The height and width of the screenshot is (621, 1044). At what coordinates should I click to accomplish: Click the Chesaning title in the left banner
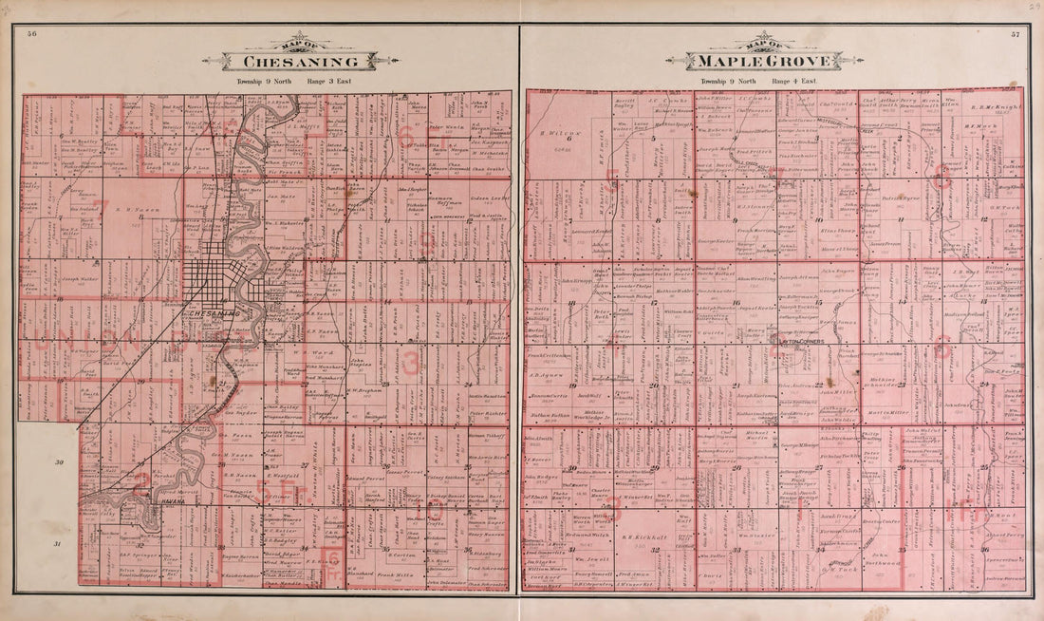pyautogui.click(x=300, y=62)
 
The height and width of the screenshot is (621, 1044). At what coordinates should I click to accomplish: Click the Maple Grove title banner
pyautogui.click(x=764, y=62)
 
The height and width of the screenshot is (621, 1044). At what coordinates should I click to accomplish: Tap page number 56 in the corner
pyautogui.click(x=32, y=34)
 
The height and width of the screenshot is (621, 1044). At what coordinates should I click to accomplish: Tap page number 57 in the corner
pyautogui.click(x=1015, y=34)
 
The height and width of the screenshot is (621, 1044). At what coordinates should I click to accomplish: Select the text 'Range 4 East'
pyautogui.click(x=794, y=83)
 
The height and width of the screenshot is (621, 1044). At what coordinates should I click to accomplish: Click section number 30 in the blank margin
pyautogui.click(x=59, y=462)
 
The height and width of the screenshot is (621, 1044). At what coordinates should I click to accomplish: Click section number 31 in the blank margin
pyautogui.click(x=59, y=543)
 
